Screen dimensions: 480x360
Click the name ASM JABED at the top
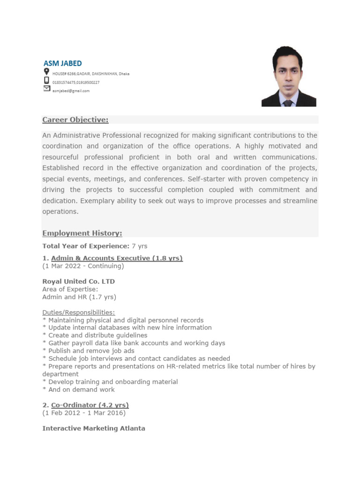tap(62, 63)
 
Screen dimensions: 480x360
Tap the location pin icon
tap(46, 72)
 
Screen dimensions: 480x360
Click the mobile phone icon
tap(46, 80)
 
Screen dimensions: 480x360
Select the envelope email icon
tap(46, 88)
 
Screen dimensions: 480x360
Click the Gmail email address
tap(71, 91)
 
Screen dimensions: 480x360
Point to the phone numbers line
tap(75, 82)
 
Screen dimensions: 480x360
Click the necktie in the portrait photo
tap(288, 102)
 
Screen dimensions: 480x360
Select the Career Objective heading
tap(75, 120)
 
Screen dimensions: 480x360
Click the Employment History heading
tap(82, 233)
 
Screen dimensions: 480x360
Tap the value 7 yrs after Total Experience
tap(139, 246)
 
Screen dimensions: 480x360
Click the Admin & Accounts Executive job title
tap(117, 258)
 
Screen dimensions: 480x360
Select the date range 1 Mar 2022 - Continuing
tap(83, 266)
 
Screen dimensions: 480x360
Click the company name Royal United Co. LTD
tap(78, 282)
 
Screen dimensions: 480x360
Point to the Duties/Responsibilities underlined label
tap(78, 312)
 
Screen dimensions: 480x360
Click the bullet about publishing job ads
tap(88, 351)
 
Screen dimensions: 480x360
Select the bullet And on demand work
tap(78, 390)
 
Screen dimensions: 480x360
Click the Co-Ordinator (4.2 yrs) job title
tap(90, 405)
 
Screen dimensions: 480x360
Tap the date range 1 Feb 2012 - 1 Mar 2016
tap(84, 413)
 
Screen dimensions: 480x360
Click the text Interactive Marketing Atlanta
tap(94, 428)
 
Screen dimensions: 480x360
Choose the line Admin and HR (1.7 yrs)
tap(79, 297)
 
